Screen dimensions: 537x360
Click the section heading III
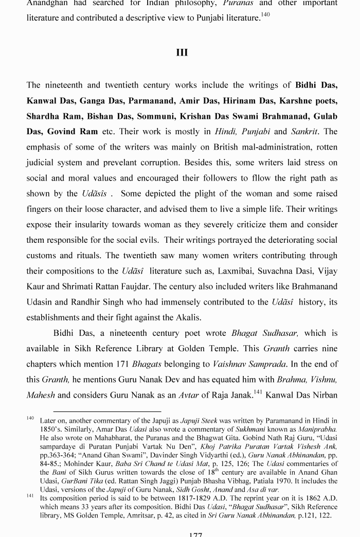182,52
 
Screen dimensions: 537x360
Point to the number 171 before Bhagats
121,364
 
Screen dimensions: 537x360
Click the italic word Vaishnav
231,364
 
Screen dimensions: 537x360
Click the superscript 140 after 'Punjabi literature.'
265,15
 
